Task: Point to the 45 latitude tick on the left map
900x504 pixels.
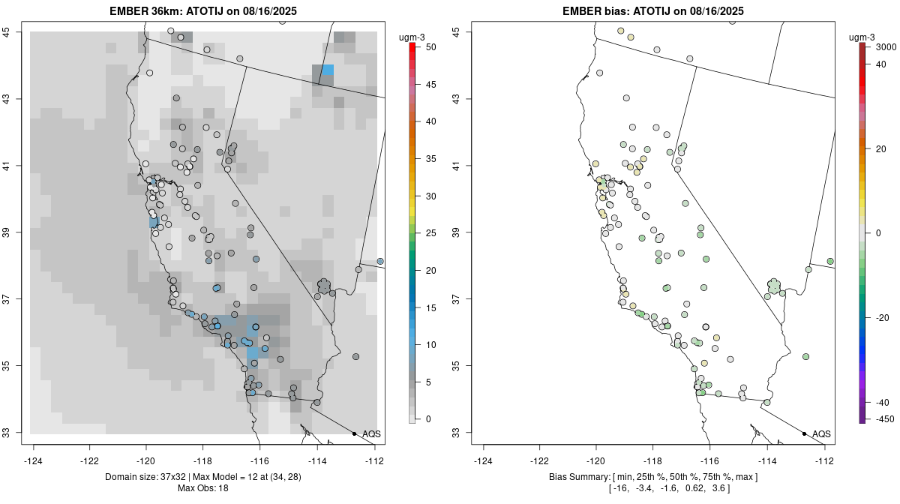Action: coord(16,32)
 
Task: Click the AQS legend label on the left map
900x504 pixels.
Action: coord(371,434)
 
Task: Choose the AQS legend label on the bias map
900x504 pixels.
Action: coord(821,434)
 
